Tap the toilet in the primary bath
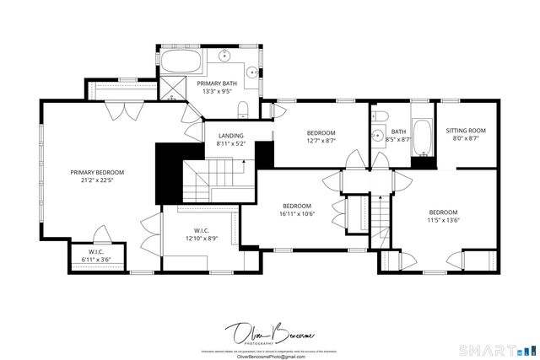(242, 109)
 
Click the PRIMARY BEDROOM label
(91, 171)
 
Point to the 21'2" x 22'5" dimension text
(91, 180)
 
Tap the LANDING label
(230, 136)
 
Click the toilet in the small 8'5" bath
(380, 116)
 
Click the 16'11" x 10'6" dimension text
(297, 214)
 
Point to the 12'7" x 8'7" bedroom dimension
(321, 141)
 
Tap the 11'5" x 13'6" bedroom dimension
(443, 220)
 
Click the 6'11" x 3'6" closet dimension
(94, 260)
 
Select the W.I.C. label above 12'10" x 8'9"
(201, 229)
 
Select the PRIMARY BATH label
(217, 83)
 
